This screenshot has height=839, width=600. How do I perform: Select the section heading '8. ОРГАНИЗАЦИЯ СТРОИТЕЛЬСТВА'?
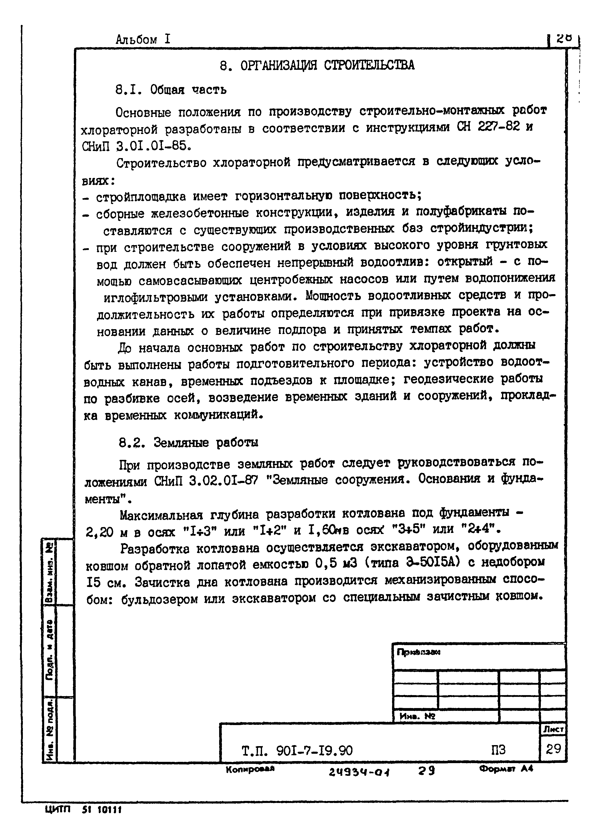[317, 65]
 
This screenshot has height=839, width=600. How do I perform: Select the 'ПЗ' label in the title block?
[498, 750]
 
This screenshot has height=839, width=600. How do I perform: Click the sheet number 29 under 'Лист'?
[553, 749]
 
